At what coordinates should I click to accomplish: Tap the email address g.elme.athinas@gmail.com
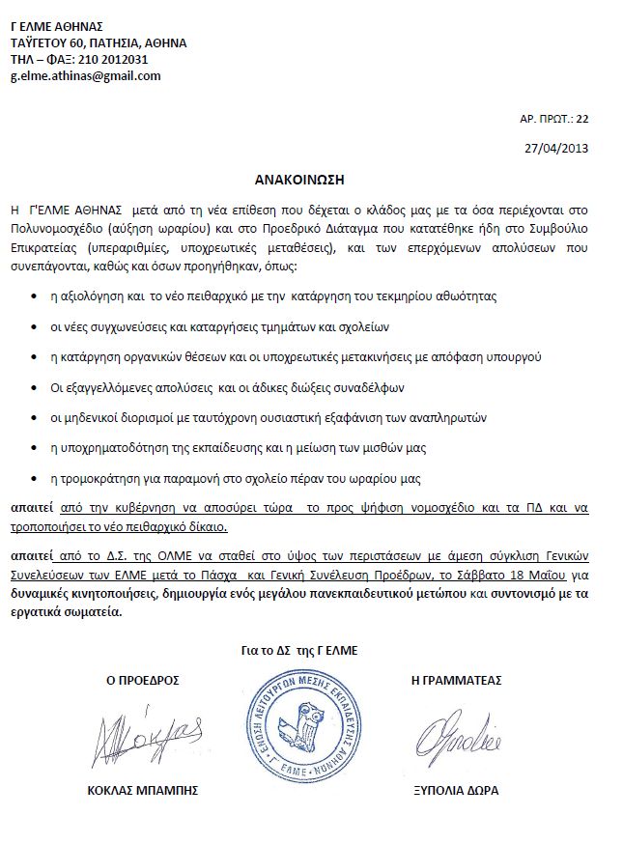(85, 75)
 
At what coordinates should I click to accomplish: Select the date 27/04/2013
(555, 149)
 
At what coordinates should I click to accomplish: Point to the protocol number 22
(581, 118)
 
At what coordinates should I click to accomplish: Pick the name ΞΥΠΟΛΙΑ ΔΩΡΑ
(456, 790)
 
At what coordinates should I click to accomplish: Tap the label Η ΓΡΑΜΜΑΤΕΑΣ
(457, 680)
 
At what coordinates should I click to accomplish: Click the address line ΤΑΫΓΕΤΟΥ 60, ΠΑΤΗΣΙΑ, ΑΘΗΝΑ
(99, 42)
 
